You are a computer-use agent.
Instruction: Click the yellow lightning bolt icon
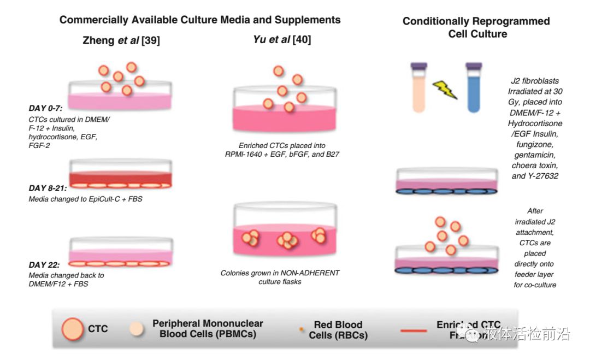[x=445, y=89]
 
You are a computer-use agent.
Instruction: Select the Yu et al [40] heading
[x=282, y=39]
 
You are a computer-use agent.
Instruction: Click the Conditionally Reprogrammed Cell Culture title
[x=476, y=27]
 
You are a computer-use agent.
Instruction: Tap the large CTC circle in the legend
[x=73, y=328]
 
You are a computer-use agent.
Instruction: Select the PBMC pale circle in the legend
[x=137, y=328]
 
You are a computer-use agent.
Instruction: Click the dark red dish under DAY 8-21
[x=121, y=176]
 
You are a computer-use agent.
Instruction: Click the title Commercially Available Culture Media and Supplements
[x=200, y=20]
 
